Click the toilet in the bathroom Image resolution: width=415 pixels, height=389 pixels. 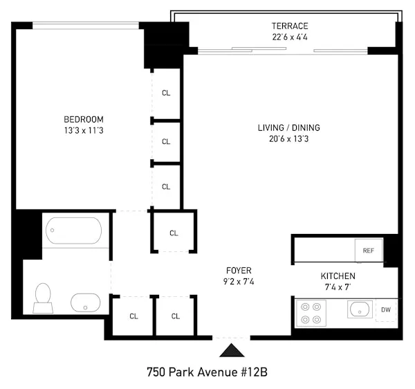42,297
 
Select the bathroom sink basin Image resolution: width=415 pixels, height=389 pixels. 86,302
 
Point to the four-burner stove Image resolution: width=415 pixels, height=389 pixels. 312,311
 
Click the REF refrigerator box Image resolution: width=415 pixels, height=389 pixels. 368,251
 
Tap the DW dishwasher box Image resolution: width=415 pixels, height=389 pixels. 386,310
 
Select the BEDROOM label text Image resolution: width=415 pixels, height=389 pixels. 84,119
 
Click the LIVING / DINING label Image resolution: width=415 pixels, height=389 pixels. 288,127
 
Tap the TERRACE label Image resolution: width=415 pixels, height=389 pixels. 289,26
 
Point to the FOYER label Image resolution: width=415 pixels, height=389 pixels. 239,270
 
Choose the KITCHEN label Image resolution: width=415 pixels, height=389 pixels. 338,276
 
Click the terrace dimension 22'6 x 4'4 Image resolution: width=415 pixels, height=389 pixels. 289,37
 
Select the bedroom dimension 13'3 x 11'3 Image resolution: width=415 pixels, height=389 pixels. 84,130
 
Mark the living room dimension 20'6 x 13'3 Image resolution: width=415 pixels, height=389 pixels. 288,138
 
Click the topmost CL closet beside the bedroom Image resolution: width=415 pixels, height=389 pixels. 166,93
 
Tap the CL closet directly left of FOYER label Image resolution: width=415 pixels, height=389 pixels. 174,233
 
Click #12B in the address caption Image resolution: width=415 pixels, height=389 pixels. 250,372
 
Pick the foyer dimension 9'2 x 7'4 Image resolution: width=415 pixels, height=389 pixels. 239,281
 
